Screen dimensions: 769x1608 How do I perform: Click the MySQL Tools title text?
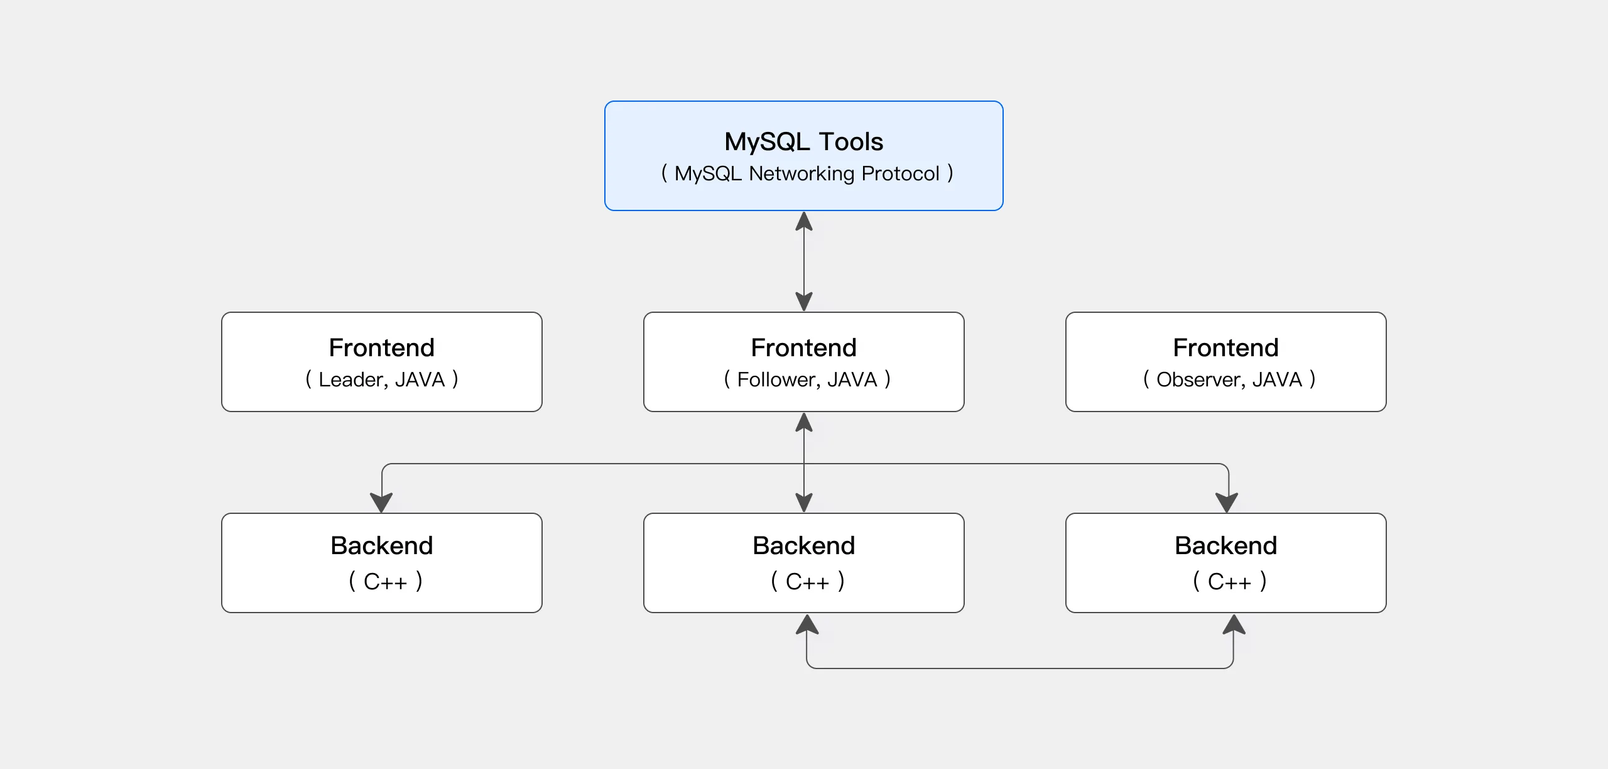pos(803,142)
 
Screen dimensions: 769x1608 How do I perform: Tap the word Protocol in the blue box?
pos(900,173)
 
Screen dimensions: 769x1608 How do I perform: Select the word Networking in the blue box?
pos(801,173)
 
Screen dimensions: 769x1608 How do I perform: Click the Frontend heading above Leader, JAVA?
pos(381,347)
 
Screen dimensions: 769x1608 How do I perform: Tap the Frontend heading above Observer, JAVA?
pos(1225,347)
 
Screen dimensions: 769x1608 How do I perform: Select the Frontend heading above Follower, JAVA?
pos(803,347)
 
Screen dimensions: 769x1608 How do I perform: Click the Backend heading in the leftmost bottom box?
pos(381,545)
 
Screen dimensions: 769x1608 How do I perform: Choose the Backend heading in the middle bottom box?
pos(803,545)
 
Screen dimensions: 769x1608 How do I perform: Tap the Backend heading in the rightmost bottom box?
pos(1225,545)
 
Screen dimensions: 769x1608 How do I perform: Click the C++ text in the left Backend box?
pos(385,582)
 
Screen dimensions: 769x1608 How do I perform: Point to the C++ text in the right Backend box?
pos(1229,582)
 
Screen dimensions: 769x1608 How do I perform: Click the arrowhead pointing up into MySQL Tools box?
pos(804,222)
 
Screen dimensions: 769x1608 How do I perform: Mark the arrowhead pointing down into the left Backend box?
pos(381,502)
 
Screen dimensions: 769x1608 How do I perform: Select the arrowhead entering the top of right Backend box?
pos(1227,502)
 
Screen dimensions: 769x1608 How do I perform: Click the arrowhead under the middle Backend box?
pos(807,624)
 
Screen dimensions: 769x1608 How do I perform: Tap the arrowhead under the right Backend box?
pos(1234,624)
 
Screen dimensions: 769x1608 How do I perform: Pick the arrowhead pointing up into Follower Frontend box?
pos(804,423)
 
